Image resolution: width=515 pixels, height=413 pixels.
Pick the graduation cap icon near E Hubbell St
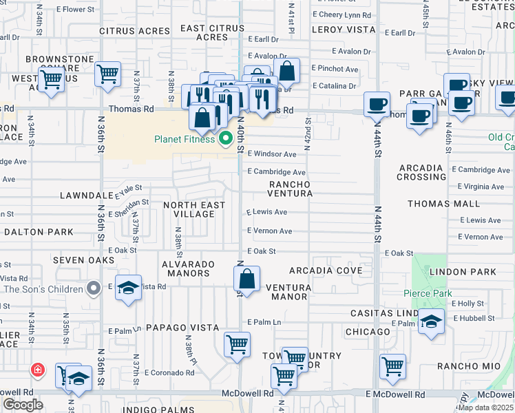click(x=431, y=321)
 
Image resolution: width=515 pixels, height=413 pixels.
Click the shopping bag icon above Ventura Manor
click(x=246, y=279)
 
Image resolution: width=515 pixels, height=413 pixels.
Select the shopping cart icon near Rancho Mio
click(x=392, y=366)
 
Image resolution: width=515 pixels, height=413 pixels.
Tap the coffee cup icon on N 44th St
click(x=376, y=105)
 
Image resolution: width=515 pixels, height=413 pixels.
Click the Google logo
click(x=23, y=404)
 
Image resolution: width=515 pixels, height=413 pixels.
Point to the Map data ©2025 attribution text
click(x=485, y=407)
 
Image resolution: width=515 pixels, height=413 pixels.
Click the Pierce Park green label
click(x=428, y=294)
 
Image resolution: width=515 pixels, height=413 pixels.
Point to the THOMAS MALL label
click(x=443, y=204)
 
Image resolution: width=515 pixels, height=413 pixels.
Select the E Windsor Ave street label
click(x=272, y=154)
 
